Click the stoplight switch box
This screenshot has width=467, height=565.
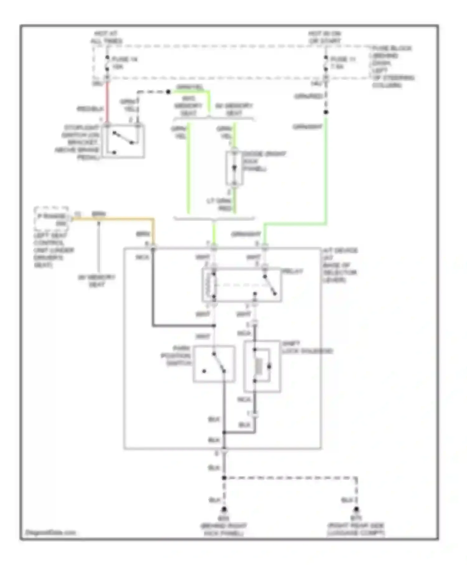click(125, 141)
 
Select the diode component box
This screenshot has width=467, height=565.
click(234, 168)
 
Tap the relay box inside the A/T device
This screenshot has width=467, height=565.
click(242, 285)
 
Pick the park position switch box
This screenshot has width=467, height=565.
click(214, 364)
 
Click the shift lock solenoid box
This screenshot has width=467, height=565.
click(262, 366)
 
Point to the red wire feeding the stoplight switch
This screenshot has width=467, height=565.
click(107, 103)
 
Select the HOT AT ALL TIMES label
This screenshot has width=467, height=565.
click(106, 37)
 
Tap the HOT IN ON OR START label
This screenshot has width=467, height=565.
click(325, 37)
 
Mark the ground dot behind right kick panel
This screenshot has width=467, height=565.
click(224, 509)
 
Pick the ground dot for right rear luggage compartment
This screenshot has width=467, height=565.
click(356, 509)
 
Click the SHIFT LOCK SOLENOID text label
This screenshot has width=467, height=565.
click(307, 347)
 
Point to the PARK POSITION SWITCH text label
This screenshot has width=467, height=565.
click(176, 355)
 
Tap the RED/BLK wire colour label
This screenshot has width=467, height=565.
click(90, 109)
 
